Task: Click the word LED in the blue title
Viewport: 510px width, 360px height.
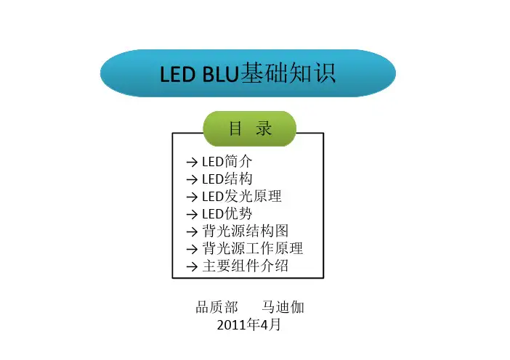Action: click(x=177, y=74)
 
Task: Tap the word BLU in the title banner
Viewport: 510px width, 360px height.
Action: click(x=220, y=74)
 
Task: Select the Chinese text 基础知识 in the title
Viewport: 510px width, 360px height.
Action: click(x=288, y=73)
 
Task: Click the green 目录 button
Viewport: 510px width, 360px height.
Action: click(x=249, y=128)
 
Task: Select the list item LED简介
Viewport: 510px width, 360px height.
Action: click(x=227, y=161)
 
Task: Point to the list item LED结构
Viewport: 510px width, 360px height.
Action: click(x=227, y=179)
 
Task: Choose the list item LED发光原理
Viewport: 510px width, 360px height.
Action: click(x=242, y=196)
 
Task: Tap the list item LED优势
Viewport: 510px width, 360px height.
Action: click(x=227, y=214)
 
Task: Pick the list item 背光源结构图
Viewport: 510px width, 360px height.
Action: click(x=246, y=231)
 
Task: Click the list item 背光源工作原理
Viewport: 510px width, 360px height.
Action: click(x=252, y=248)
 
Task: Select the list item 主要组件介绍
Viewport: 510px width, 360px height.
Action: click(x=246, y=266)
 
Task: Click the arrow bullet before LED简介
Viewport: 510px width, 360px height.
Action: click(x=192, y=162)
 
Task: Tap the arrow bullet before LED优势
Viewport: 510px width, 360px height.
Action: click(x=192, y=214)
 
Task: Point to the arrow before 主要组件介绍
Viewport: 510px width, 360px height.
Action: click(x=192, y=267)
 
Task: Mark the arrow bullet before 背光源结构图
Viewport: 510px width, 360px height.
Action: click(x=192, y=232)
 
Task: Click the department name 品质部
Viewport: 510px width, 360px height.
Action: click(x=217, y=307)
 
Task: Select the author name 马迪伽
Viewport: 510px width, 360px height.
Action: click(x=283, y=307)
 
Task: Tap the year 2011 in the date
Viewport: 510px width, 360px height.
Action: click(x=232, y=325)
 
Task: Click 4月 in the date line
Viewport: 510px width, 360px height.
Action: click(x=270, y=324)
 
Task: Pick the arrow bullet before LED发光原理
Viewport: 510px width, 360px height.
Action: click(x=192, y=197)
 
